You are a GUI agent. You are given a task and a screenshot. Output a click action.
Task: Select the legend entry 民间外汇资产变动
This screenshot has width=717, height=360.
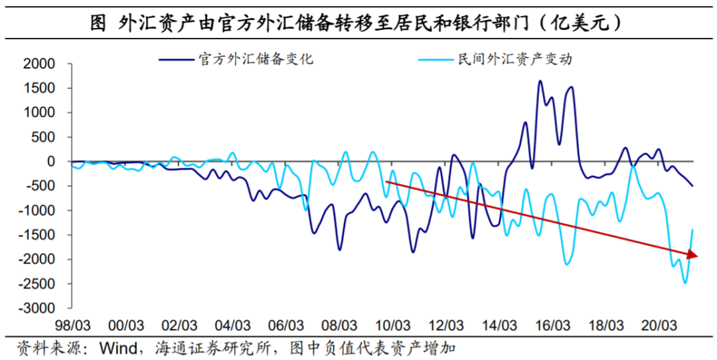pos(515,60)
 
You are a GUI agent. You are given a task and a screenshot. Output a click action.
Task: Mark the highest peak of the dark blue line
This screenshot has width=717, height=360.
pos(540,81)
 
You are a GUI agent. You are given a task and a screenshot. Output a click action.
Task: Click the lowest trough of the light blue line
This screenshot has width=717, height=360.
pos(684,283)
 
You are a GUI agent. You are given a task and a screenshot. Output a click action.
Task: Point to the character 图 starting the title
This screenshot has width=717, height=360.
pos(98,24)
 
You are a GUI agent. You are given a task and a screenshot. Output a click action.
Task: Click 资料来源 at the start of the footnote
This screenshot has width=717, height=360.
pos(42,347)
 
